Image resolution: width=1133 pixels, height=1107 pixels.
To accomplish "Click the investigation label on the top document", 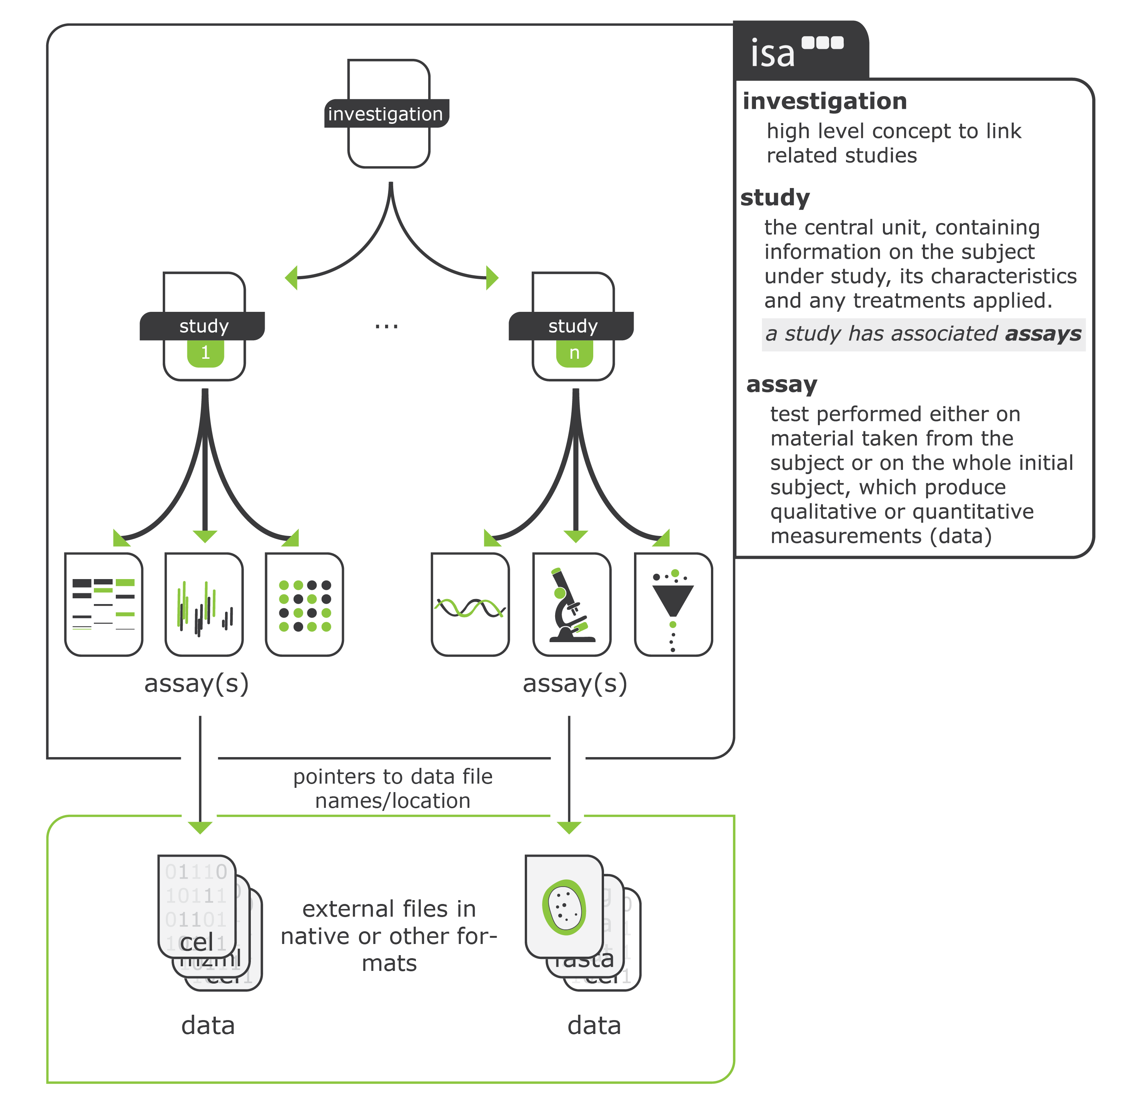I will click(x=385, y=114).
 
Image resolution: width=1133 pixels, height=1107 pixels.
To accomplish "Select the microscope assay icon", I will click(x=572, y=605).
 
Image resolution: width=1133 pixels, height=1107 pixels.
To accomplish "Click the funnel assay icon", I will click(x=673, y=605).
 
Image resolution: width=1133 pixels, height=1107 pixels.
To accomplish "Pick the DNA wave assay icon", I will click(x=470, y=607).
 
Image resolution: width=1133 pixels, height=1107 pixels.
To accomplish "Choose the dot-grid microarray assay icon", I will click(x=305, y=605).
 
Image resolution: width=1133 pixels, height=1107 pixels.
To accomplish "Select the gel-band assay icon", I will click(x=103, y=605).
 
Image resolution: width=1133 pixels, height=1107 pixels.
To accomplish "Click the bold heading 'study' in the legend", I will click(x=775, y=198).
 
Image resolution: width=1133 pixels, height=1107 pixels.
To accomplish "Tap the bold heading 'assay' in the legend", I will click(x=782, y=385).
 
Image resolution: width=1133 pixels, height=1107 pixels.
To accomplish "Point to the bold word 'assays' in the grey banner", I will click(x=1043, y=334).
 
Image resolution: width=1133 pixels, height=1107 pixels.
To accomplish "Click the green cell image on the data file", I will click(x=564, y=907).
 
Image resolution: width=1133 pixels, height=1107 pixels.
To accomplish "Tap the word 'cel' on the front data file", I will click(x=197, y=942).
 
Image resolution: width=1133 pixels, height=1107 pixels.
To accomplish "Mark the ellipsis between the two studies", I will click(x=386, y=327).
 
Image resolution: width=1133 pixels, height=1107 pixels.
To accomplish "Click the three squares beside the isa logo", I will click(x=823, y=42).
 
